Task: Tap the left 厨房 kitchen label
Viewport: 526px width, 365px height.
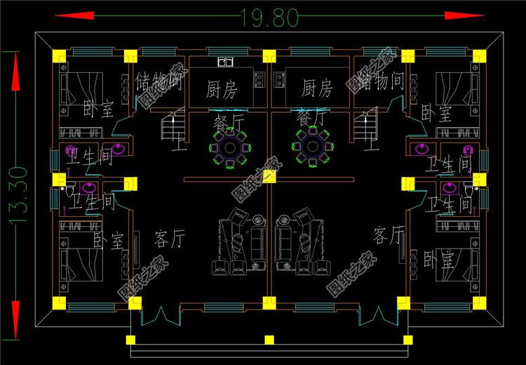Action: (222, 89)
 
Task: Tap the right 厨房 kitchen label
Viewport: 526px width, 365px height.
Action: (316, 89)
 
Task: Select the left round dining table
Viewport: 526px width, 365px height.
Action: (229, 148)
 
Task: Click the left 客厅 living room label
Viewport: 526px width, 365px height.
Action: (168, 239)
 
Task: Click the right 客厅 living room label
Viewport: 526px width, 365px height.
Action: (389, 234)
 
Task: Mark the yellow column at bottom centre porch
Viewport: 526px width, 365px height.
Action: (269, 340)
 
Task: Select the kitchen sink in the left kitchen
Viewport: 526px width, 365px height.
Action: (225, 62)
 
